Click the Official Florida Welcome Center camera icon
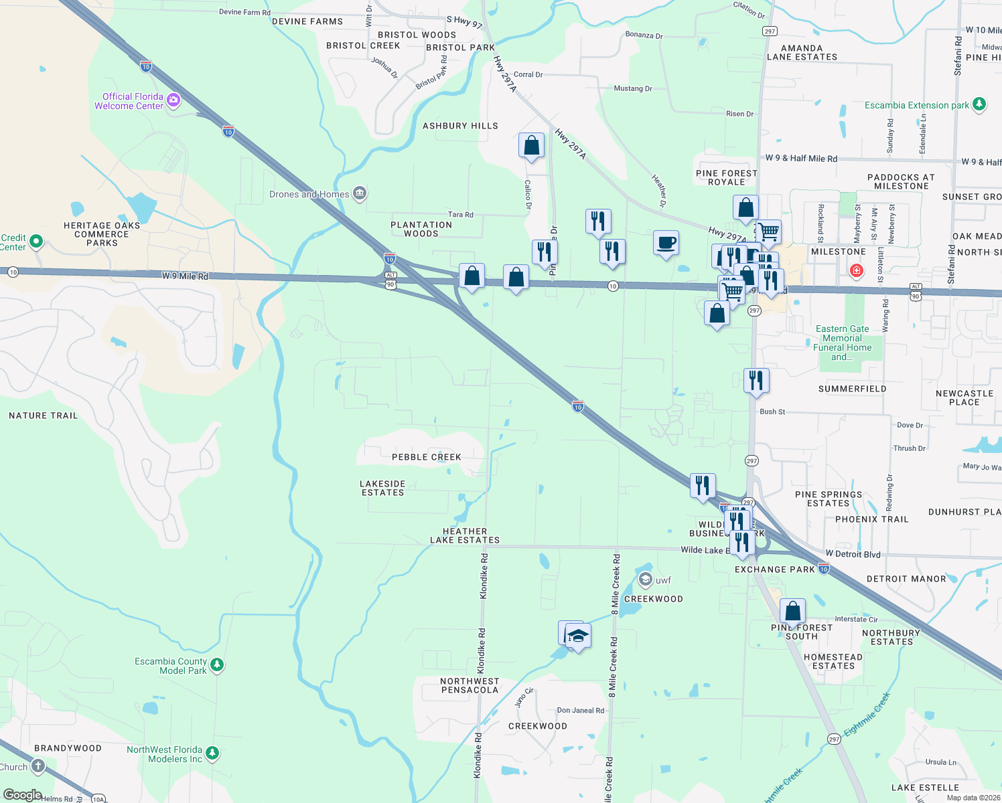174,100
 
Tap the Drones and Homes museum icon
360,194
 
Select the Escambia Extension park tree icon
979,104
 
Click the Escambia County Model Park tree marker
216,665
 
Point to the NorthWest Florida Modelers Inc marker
212,753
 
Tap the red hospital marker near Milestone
856,271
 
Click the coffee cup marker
666,242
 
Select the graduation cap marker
577,635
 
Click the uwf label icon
646,579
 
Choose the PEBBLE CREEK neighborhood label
427,457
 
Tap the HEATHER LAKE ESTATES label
465,535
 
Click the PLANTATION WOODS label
421,229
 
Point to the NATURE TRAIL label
44,416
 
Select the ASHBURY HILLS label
460,126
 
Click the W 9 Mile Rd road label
185,276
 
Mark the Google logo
22,795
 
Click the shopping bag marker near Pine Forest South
792,610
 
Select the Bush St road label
772,412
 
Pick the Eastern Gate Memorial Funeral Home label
842,343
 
